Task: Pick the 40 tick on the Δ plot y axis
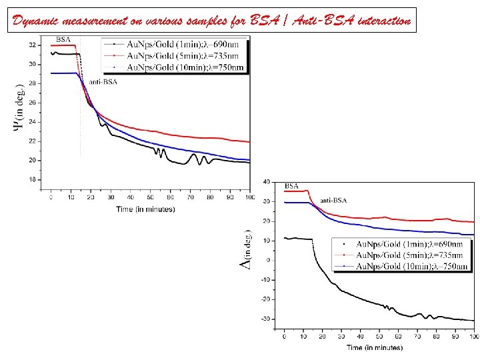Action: pos(266,182)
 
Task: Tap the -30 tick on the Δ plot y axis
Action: pos(265,319)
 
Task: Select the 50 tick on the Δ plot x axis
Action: pos(379,339)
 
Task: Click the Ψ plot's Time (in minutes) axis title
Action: pos(145,209)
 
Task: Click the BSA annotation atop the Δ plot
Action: pos(292,186)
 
